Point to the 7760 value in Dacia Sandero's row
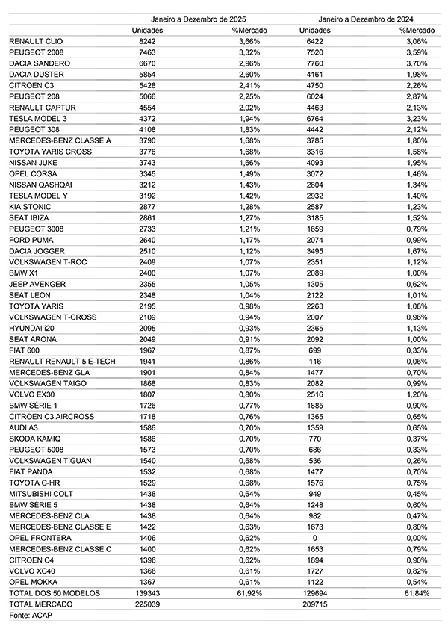[x=317, y=63]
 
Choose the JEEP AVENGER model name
[x=37, y=284]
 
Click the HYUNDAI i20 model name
[x=32, y=328]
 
